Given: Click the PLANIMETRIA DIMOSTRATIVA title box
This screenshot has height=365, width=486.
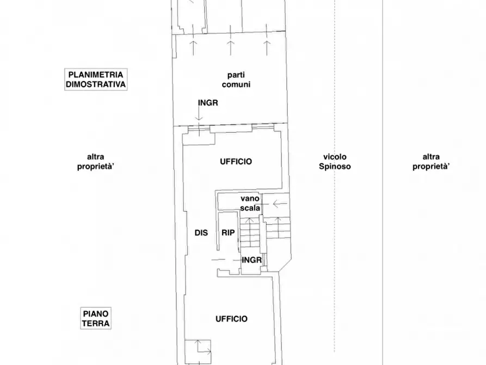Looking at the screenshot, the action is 96,80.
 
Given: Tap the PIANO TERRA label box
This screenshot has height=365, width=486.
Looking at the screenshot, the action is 96,319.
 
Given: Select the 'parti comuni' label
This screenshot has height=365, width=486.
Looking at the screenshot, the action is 236,80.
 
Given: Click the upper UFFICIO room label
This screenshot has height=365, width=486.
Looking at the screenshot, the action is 236,161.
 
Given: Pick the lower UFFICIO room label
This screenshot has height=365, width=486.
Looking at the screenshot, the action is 231,319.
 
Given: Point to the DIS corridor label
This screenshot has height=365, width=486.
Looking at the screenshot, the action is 201,233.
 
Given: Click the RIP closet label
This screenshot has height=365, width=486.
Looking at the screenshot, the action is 228,233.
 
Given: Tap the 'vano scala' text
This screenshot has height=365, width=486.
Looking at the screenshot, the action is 250,203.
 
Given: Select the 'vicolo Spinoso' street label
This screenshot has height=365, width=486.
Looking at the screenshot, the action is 335,161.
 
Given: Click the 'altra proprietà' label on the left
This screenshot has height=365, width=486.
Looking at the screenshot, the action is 96,161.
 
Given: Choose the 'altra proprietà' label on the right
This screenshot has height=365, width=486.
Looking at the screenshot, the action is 431,161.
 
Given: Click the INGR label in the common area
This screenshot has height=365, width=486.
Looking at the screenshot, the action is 208,103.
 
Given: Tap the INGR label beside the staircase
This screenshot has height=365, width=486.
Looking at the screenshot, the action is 251,260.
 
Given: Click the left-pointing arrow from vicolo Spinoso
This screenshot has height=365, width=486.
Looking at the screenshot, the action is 280,204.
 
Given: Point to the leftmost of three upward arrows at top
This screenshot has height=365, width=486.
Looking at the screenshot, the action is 193,48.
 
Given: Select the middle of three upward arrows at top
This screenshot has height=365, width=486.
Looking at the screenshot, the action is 230,48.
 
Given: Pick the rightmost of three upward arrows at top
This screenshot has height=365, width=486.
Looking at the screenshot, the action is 267,48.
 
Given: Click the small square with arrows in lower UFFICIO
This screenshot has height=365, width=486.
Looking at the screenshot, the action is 198,352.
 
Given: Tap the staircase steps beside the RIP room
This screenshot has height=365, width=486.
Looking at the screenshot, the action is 249,232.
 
